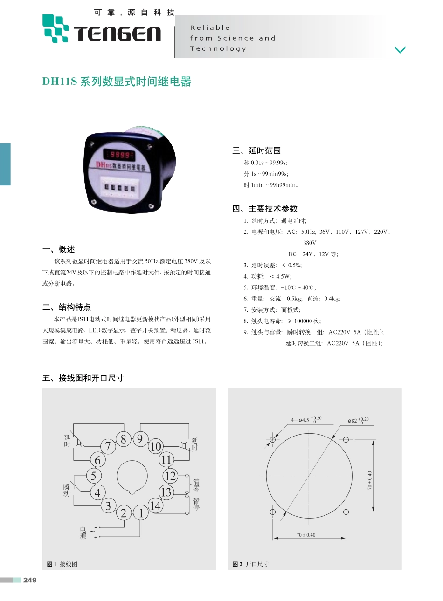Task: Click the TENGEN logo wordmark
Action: [117, 34]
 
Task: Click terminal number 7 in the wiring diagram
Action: [108, 446]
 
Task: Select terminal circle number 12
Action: [170, 476]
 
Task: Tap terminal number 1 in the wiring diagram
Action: [141, 513]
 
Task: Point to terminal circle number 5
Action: [94, 476]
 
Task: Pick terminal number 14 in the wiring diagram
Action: [155, 505]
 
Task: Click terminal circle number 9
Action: [139, 439]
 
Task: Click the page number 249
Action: [30, 580]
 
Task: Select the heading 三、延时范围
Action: [256, 150]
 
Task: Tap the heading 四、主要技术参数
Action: [265, 208]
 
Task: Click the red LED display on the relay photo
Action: [119, 155]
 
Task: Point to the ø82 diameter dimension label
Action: [358, 421]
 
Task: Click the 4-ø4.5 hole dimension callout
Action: [306, 420]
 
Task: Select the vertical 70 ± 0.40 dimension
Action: [370, 480]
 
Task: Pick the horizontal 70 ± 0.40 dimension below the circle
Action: [306, 535]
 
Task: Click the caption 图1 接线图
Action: [62, 564]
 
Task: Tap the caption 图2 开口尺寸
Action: [250, 564]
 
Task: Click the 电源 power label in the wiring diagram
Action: [83, 533]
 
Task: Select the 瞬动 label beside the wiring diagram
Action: [67, 490]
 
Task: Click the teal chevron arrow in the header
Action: [400, 49]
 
